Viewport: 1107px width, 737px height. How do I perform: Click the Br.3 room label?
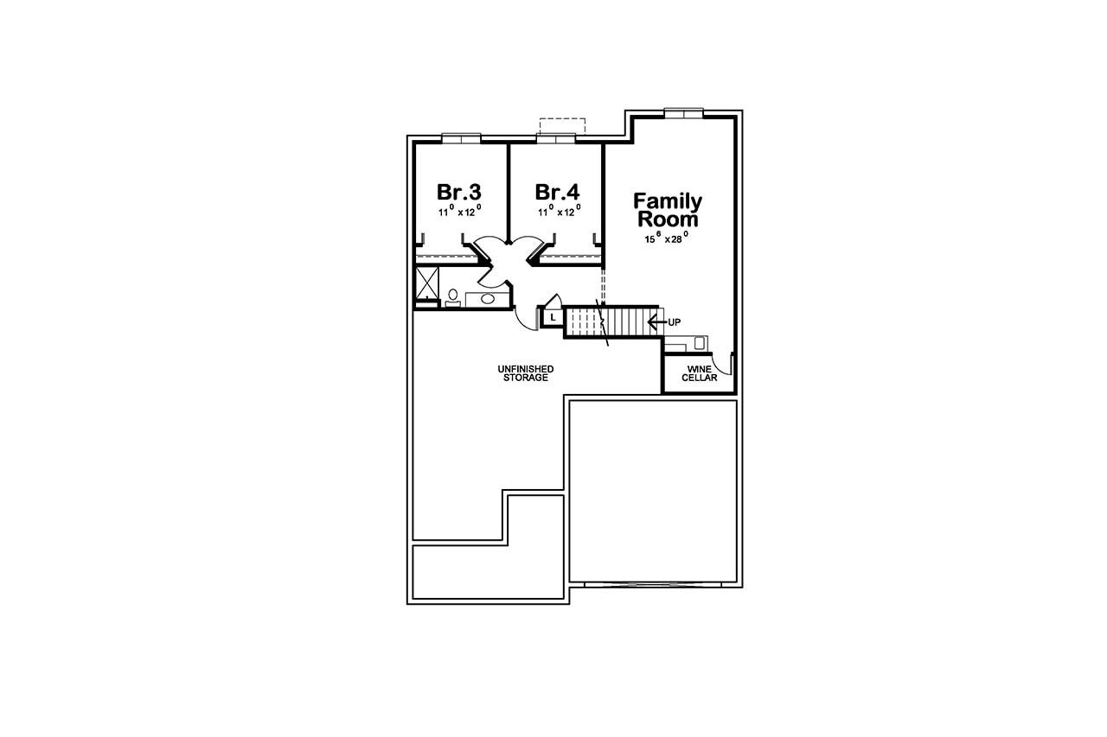point(458,191)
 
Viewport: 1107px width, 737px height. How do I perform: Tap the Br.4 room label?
point(557,191)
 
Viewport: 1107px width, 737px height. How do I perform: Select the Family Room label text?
point(668,210)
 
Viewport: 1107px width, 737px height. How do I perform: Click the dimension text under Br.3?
point(459,211)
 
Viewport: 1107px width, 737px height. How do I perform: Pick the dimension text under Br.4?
point(558,211)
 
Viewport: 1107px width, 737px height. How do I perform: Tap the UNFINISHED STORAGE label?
point(525,373)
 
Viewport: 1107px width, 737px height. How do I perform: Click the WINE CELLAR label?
point(699,373)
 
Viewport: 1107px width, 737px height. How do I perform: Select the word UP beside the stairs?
point(675,322)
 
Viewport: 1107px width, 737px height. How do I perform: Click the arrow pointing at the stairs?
point(656,322)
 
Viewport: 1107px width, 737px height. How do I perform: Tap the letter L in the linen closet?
point(553,317)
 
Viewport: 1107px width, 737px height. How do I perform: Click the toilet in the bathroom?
point(452,296)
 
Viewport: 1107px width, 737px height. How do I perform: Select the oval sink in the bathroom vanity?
point(487,299)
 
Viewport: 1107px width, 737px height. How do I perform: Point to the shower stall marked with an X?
point(427,283)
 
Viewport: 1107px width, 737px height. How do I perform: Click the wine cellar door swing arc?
point(726,365)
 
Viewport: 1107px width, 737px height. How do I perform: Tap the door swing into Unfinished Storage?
point(524,320)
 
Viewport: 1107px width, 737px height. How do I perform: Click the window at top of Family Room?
point(683,111)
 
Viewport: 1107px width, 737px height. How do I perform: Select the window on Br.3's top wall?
point(461,137)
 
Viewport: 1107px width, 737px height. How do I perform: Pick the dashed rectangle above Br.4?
point(562,125)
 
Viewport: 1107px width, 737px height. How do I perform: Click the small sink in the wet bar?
point(699,342)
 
